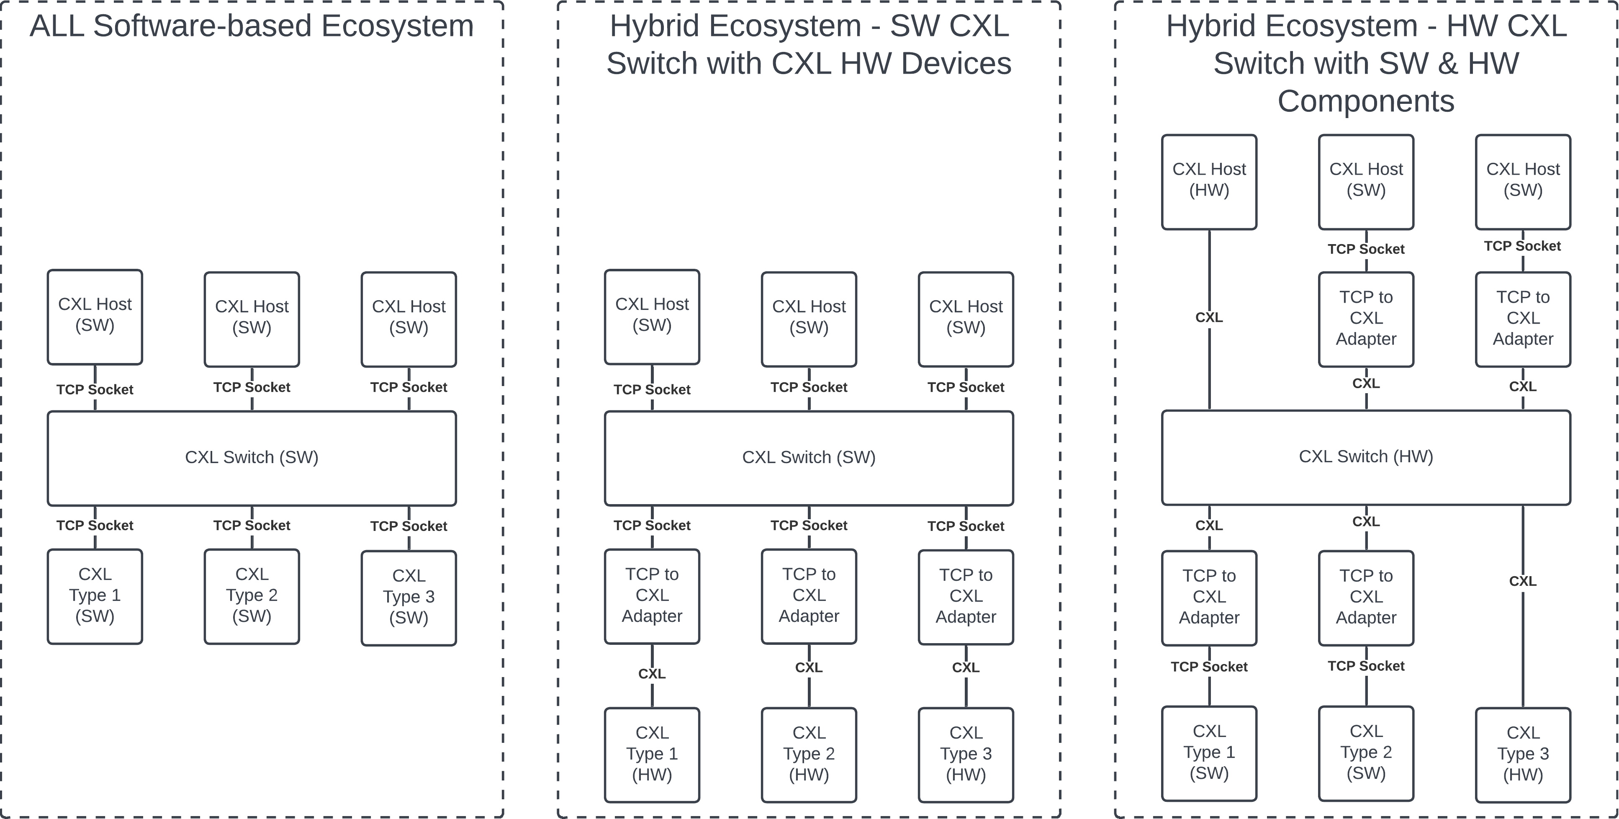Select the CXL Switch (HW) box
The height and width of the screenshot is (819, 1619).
(1366, 457)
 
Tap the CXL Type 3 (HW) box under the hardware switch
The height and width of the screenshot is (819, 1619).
(1523, 754)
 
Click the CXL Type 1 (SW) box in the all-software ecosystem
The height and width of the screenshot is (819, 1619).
(95, 596)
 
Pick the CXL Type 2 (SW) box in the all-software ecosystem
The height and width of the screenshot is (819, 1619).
(252, 596)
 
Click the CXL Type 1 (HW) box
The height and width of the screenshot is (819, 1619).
(652, 754)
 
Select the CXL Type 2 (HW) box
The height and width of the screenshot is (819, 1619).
(809, 754)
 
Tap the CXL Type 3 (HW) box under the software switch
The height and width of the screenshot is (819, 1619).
(966, 754)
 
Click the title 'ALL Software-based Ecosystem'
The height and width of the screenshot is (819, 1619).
(252, 26)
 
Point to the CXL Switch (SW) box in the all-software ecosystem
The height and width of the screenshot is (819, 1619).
(252, 458)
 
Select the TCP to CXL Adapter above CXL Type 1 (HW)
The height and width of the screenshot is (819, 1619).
(652, 596)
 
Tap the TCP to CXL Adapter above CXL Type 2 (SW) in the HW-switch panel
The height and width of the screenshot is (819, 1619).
(1366, 597)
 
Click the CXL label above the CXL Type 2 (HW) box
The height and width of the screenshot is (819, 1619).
(809, 667)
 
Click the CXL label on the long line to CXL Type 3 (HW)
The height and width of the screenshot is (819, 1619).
(1523, 582)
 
